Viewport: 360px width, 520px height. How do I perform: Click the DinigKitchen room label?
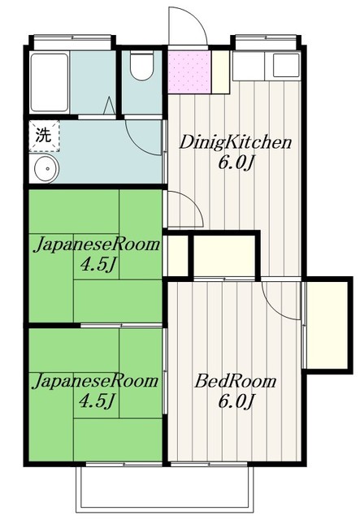tap(236, 144)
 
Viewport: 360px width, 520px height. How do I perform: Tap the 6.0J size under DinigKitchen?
tap(236, 162)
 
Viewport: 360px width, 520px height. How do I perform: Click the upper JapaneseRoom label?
tap(96, 245)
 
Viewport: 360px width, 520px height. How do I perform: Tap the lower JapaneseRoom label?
tap(96, 381)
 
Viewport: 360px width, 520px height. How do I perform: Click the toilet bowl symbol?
tap(141, 67)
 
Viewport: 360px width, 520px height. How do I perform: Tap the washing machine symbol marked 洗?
tap(43, 135)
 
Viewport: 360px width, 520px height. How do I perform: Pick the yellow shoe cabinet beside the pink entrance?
tap(219, 71)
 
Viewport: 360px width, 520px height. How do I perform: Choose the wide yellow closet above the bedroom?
tap(224, 255)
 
